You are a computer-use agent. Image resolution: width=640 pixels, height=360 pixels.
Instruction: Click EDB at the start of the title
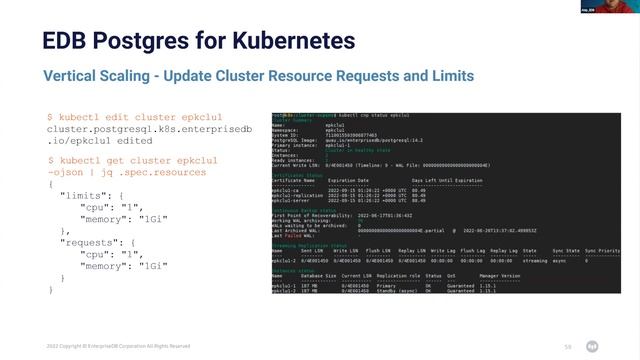(x=64, y=41)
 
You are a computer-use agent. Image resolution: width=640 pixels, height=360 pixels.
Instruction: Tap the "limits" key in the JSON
(x=79, y=195)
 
